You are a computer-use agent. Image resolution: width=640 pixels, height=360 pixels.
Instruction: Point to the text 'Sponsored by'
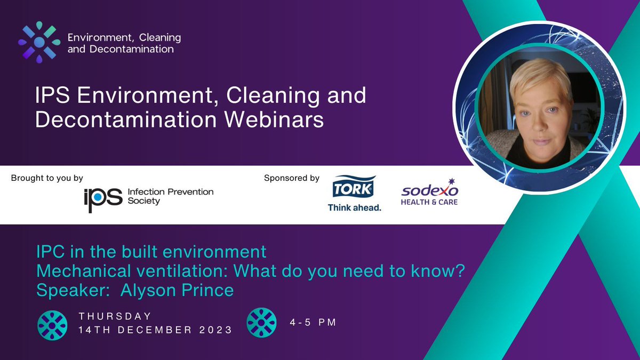[291, 178]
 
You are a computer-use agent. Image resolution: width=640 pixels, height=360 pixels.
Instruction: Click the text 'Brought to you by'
[47, 178]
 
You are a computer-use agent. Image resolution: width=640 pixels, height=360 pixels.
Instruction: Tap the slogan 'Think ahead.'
[354, 207]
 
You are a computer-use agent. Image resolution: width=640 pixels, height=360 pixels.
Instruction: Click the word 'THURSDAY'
[115, 316]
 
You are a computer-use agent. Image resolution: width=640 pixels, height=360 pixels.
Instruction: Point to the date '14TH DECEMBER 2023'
[155, 330]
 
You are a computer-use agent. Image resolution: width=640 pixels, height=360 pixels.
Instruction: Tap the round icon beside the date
[52, 324]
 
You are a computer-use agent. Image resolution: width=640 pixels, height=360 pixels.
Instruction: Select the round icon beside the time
[261, 323]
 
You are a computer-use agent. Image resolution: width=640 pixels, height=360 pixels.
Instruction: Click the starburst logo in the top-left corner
[39, 42]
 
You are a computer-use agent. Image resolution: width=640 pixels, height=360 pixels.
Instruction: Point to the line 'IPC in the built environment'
[150, 251]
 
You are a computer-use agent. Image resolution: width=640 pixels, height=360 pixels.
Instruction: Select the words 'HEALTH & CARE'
[430, 202]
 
